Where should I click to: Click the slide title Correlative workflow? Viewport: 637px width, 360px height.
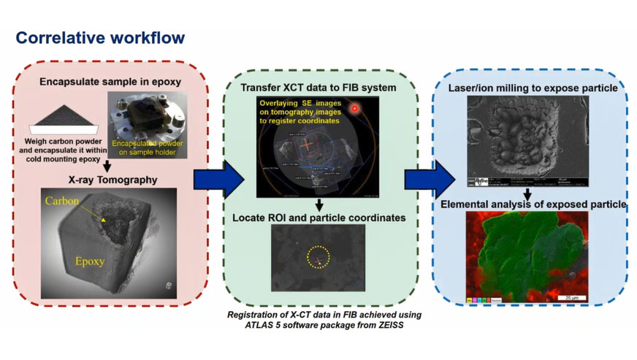pos(100,37)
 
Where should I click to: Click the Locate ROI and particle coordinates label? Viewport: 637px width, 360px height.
pos(320,217)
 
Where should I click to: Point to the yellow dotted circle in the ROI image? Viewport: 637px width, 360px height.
pos(319,256)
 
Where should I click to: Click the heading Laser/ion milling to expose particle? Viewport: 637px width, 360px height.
pos(533,88)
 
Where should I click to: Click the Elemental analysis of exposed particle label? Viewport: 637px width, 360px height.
pos(533,204)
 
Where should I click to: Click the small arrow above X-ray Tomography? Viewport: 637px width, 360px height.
pos(107,165)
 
